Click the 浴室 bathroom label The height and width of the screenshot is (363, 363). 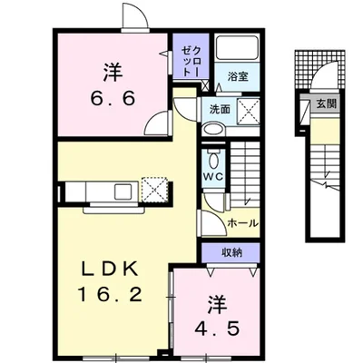click(238, 77)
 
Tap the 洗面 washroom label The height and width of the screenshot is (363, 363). click(220, 110)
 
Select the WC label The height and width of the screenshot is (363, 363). click(213, 176)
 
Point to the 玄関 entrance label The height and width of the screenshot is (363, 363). click(327, 104)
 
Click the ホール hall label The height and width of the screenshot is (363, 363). click(242, 223)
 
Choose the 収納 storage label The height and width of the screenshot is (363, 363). click(232, 252)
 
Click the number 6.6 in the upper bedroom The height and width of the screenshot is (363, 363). click(113, 98)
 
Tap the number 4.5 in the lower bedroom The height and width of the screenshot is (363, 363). click(217, 329)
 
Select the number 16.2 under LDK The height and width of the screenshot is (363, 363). click(110, 294)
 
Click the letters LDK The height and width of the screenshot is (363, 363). click(111, 269)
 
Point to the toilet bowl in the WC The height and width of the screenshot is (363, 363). click(213, 160)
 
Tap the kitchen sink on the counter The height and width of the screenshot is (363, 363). click(123, 191)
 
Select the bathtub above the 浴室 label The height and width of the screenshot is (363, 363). click(237, 47)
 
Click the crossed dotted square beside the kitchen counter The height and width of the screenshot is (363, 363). click(154, 190)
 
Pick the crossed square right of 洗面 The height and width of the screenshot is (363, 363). click(248, 112)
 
